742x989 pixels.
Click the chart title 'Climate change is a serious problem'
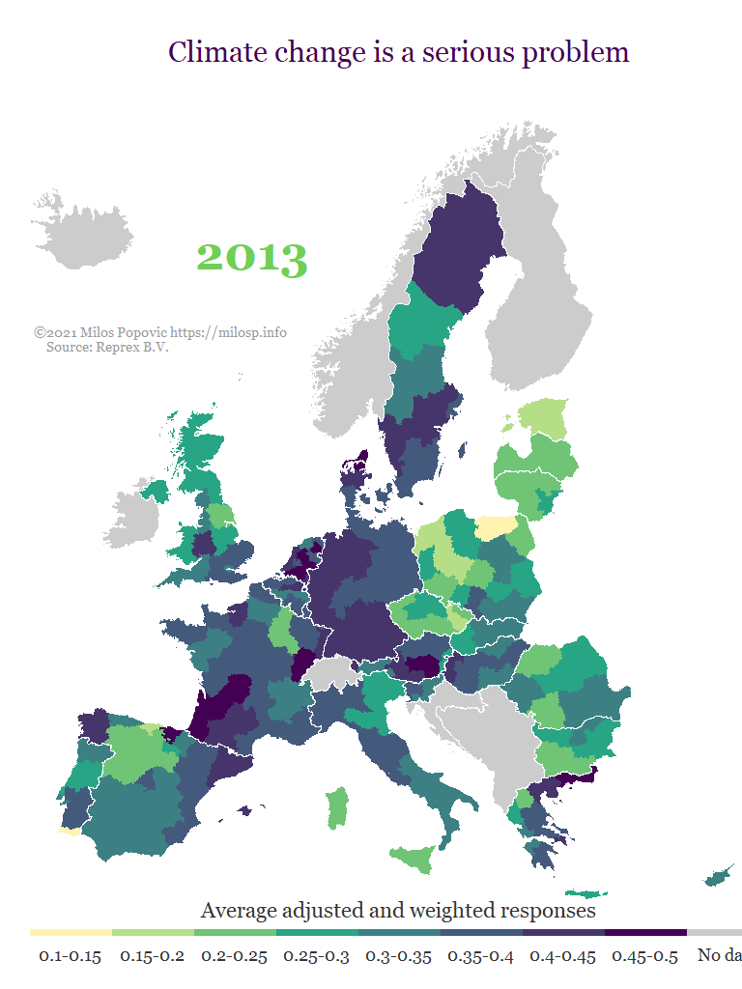tap(398, 52)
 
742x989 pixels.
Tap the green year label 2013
tap(252, 257)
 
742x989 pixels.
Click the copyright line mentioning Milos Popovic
tap(160, 332)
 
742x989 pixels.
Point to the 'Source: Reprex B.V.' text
tap(107, 347)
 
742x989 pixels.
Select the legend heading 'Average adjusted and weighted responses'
tap(398, 910)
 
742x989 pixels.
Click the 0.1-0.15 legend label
tap(70, 956)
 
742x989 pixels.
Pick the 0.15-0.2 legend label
tap(152, 956)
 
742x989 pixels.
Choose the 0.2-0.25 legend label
tap(234, 956)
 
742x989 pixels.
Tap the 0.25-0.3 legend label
tap(316, 956)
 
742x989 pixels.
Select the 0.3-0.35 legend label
tap(398, 956)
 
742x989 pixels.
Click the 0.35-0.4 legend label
tap(480, 956)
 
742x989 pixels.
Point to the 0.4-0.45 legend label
tap(562, 956)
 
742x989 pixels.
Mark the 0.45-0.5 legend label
tap(644, 956)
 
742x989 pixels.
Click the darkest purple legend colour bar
tap(645, 933)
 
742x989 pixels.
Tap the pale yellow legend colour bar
tap(71, 933)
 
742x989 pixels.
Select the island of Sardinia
tap(336, 807)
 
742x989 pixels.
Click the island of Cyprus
tap(717, 876)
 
